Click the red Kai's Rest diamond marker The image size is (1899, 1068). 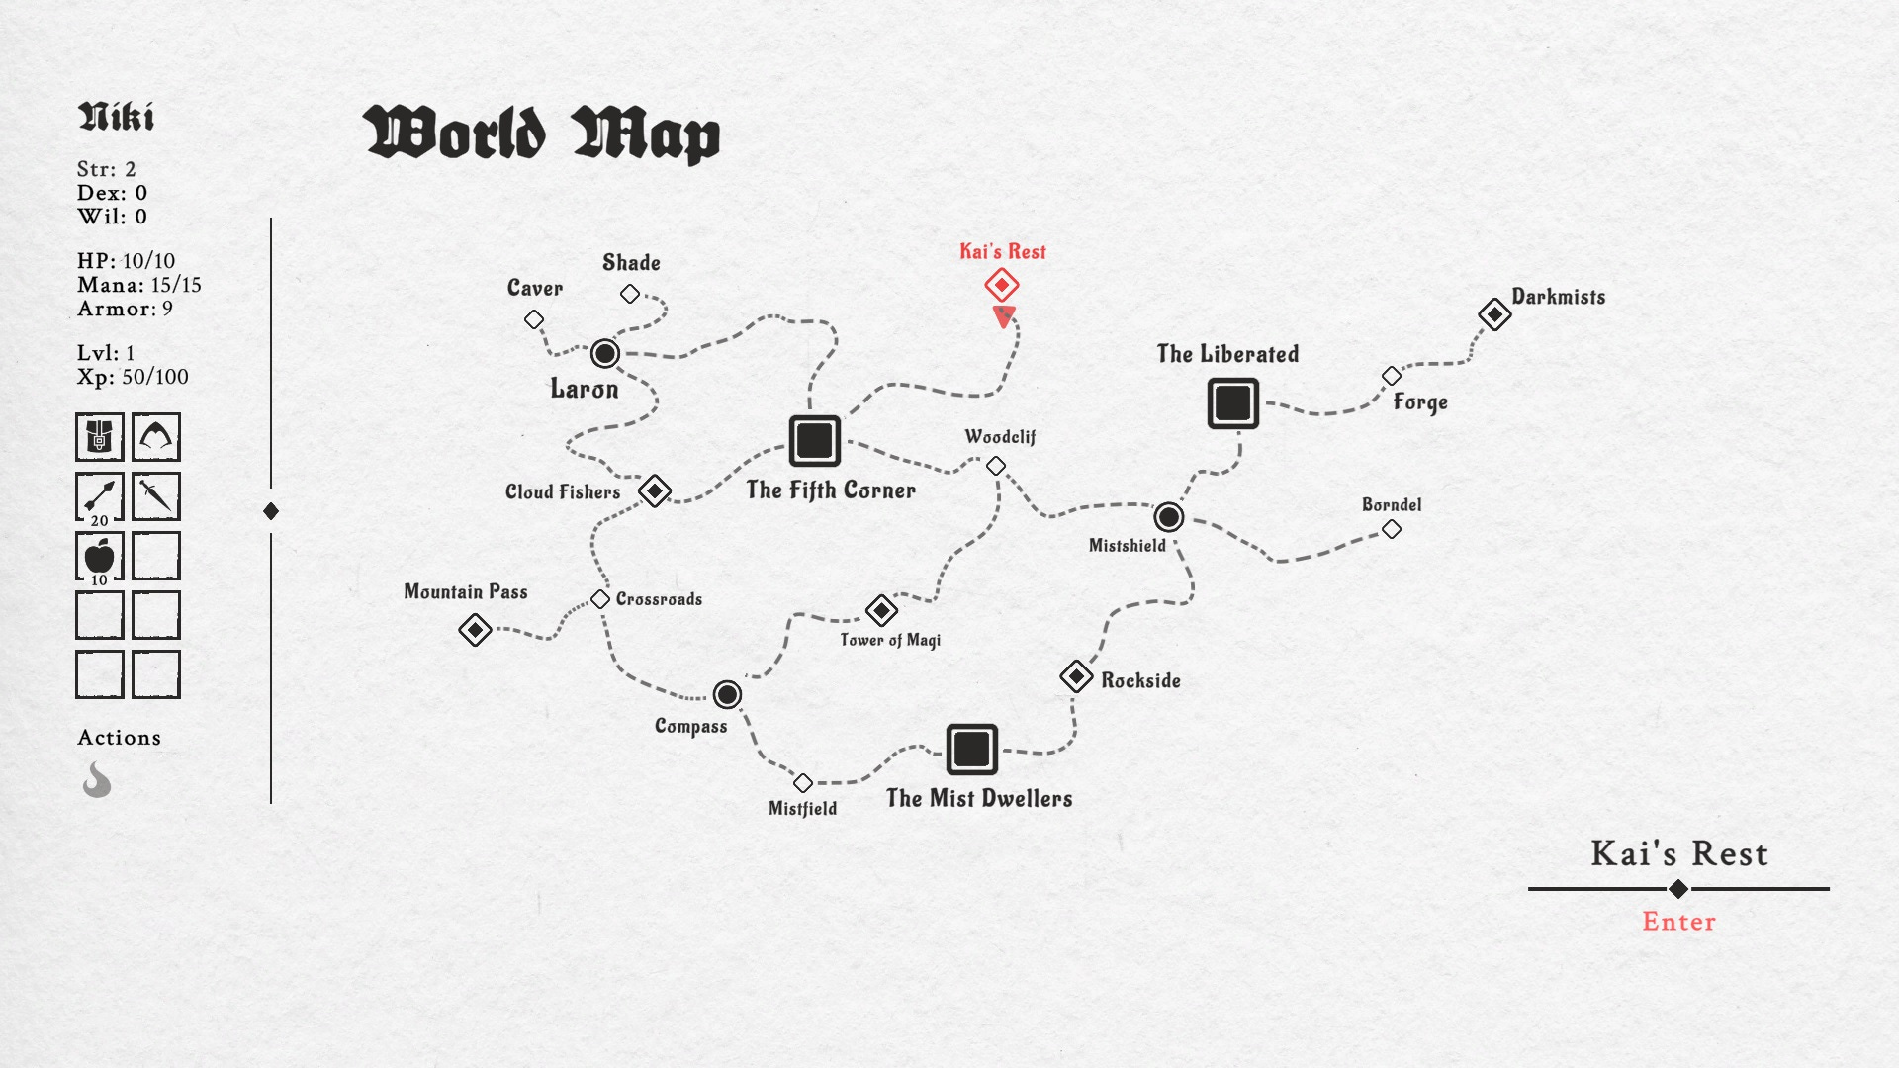pyautogui.click(x=1002, y=285)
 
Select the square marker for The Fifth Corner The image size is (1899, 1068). pyautogui.click(x=815, y=440)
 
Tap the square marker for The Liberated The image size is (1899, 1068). pyautogui.click(x=1233, y=402)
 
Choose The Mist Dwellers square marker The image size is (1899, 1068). pyautogui.click(x=971, y=749)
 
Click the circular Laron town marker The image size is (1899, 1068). pyautogui.click(x=605, y=353)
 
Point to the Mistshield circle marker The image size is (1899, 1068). pyautogui.click(x=1168, y=516)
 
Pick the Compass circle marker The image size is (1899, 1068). pyautogui.click(x=727, y=694)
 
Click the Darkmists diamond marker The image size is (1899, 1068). pyautogui.click(x=1494, y=314)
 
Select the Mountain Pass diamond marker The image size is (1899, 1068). pyautogui.click(x=476, y=629)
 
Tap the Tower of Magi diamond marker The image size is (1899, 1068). pyautogui.click(x=881, y=610)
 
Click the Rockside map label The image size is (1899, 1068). pyautogui.click(x=1140, y=680)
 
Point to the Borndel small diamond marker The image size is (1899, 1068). pyautogui.click(x=1392, y=529)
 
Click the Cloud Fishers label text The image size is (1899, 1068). pyautogui.click(x=563, y=491)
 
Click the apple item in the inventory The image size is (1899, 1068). pyautogui.click(x=100, y=556)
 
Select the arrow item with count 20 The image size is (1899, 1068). pyautogui.click(x=100, y=496)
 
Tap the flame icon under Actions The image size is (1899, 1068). pyautogui.click(x=97, y=779)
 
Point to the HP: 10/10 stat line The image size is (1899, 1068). pyautogui.click(x=127, y=261)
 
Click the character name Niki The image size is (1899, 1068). pyautogui.click(x=116, y=117)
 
